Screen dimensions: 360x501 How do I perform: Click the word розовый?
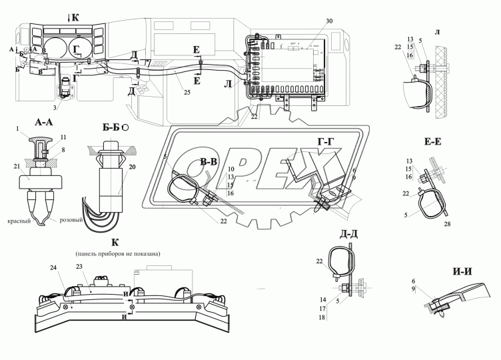pyautogui.click(x=72, y=220)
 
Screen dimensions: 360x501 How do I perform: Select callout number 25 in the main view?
pyautogui.click(x=187, y=91)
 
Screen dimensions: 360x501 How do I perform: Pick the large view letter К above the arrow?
pyautogui.click(x=75, y=17)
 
